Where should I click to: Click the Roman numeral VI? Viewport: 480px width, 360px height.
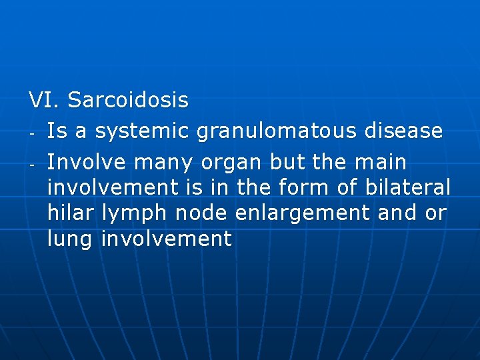(44, 101)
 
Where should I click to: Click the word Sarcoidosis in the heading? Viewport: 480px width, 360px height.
(128, 101)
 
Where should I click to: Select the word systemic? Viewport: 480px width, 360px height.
(143, 131)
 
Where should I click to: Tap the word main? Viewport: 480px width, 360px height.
(383, 162)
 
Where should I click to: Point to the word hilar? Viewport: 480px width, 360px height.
(72, 213)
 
